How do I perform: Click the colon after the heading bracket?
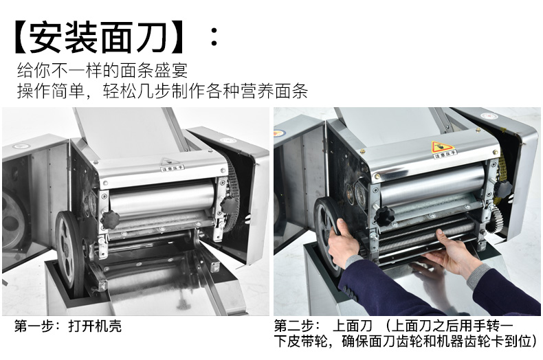coord(214,37)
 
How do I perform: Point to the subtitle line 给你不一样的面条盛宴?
coord(102,71)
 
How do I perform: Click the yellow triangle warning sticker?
coord(441,146)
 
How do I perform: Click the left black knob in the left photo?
coord(109,218)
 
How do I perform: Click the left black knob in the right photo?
coord(384,215)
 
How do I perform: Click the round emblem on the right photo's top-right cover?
coord(489,116)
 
